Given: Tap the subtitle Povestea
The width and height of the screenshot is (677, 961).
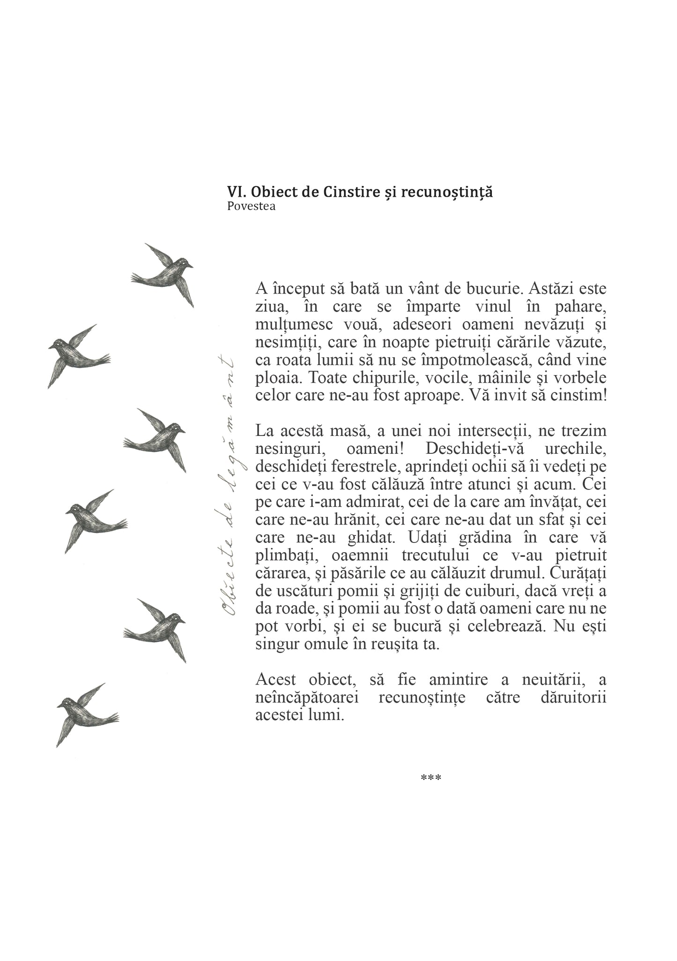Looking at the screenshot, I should tap(251, 206).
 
